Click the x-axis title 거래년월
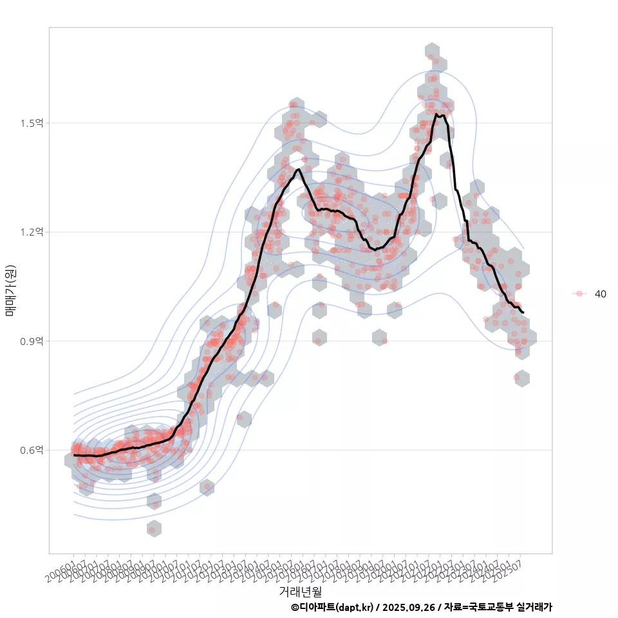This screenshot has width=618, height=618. (x=300, y=591)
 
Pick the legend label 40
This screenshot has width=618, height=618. (x=600, y=294)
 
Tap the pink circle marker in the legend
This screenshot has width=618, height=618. (x=579, y=294)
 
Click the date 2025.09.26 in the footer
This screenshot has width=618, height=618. (x=408, y=607)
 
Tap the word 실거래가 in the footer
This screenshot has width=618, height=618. (x=534, y=607)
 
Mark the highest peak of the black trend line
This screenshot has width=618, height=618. (x=436, y=115)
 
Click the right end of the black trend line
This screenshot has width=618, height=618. (x=523, y=313)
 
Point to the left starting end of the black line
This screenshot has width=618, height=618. (x=75, y=455)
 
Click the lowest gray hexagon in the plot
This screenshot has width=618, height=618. (x=153, y=529)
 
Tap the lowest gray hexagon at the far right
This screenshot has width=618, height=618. (x=522, y=378)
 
